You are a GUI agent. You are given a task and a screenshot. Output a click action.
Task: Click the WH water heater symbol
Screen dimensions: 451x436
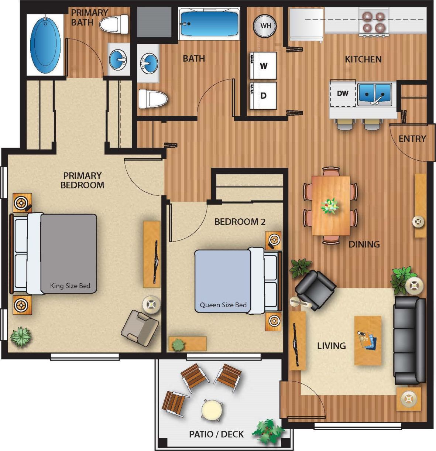[264, 26]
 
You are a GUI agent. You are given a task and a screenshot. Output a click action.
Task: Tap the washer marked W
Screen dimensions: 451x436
[263, 65]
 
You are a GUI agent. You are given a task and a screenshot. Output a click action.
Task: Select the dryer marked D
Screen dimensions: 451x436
[263, 96]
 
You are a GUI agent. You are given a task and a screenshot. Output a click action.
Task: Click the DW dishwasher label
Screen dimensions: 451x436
[343, 93]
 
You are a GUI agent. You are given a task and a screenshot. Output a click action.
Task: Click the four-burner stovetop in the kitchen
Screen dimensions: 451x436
[374, 22]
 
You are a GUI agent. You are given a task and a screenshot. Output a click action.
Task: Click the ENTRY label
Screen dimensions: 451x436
[412, 139]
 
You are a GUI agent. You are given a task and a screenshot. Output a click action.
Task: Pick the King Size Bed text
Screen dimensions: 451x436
[70, 286]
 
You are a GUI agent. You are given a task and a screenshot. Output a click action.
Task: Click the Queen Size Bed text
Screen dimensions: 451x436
[223, 305]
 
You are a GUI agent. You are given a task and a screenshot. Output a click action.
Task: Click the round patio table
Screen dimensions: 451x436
[212, 409]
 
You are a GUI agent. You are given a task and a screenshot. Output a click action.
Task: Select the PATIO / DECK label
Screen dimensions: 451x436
[216, 434]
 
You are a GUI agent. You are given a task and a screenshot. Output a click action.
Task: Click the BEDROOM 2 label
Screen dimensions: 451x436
[240, 222]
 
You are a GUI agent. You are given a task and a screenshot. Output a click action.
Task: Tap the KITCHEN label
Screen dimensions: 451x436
[363, 59]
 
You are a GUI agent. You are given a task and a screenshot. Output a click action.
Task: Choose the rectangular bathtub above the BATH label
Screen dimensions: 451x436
[209, 23]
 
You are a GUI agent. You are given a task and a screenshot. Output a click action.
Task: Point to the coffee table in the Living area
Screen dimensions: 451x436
[368, 340]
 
